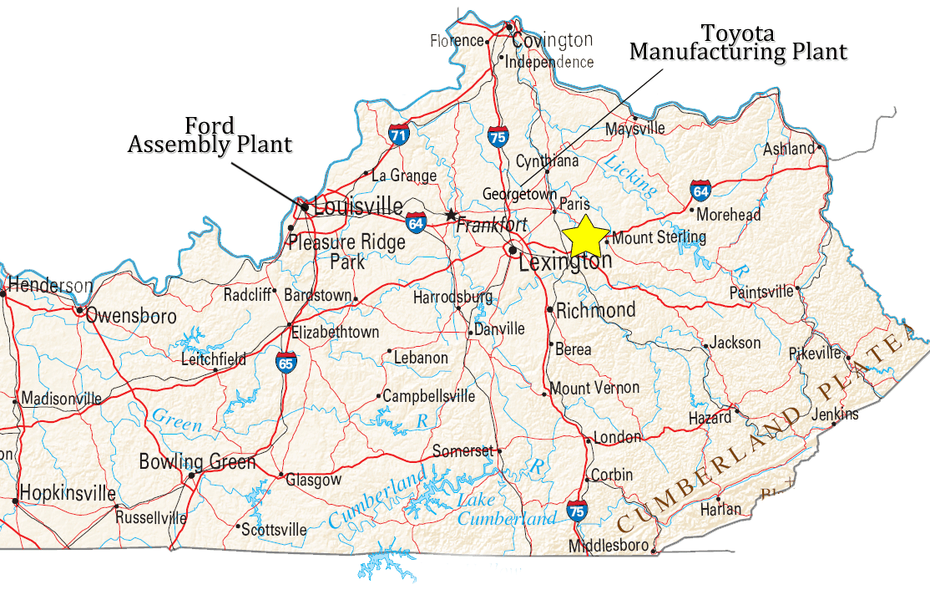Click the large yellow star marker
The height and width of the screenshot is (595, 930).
[x=585, y=235]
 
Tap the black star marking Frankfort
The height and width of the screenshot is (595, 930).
[x=452, y=215]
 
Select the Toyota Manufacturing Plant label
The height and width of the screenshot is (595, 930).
[x=738, y=43]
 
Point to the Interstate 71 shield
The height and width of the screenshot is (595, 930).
[x=398, y=133]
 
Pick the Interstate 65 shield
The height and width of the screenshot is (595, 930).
[x=286, y=364]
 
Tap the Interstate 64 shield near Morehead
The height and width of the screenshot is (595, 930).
[x=700, y=191]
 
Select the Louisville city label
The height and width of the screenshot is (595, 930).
[x=359, y=206]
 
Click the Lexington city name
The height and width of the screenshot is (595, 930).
[x=564, y=262]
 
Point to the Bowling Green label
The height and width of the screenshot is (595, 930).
[x=197, y=461]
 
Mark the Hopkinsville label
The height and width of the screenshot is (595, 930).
[x=68, y=492]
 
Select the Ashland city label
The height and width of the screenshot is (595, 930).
[x=789, y=149]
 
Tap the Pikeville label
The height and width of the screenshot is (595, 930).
[x=816, y=353]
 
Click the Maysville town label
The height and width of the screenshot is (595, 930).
[x=635, y=129]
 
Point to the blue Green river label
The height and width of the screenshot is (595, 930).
[x=176, y=420]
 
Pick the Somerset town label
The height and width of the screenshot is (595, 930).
[x=462, y=451]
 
